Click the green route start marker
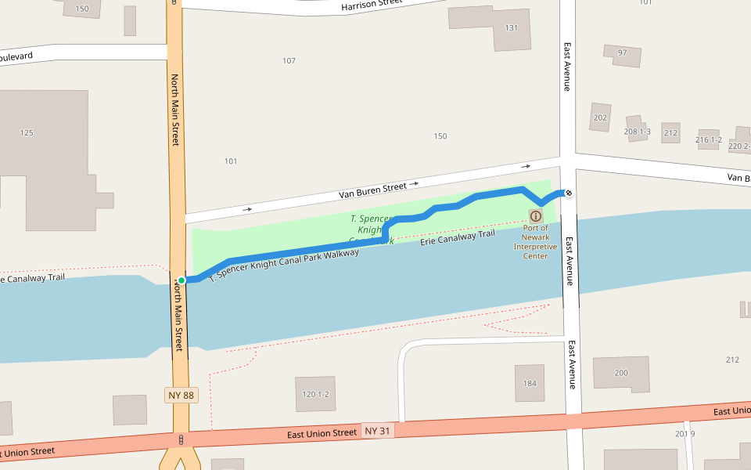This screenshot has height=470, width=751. [x=181, y=280]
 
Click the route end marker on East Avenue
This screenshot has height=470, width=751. [x=569, y=193]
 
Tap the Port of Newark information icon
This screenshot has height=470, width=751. [x=536, y=216]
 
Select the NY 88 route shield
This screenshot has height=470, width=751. [x=181, y=395]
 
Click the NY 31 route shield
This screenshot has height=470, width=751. [x=377, y=431]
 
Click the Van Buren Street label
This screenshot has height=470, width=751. [x=373, y=188]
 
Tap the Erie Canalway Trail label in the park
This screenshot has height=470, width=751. [x=458, y=238]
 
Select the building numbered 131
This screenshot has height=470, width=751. [x=512, y=29]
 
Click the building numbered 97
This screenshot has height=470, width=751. [x=623, y=55]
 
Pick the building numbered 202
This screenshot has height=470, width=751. [x=600, y=117]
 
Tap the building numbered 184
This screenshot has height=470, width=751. [x=530, y=383]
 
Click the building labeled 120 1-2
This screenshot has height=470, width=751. [x=315, y=394]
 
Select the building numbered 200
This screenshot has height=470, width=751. [x=621, y=374]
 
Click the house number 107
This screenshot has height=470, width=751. [x=289, y=61]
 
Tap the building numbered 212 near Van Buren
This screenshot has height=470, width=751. [x=670, y=132]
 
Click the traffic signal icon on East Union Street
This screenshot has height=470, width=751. [x=181, y=440]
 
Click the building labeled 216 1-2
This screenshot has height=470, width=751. [x=708, y=139]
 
